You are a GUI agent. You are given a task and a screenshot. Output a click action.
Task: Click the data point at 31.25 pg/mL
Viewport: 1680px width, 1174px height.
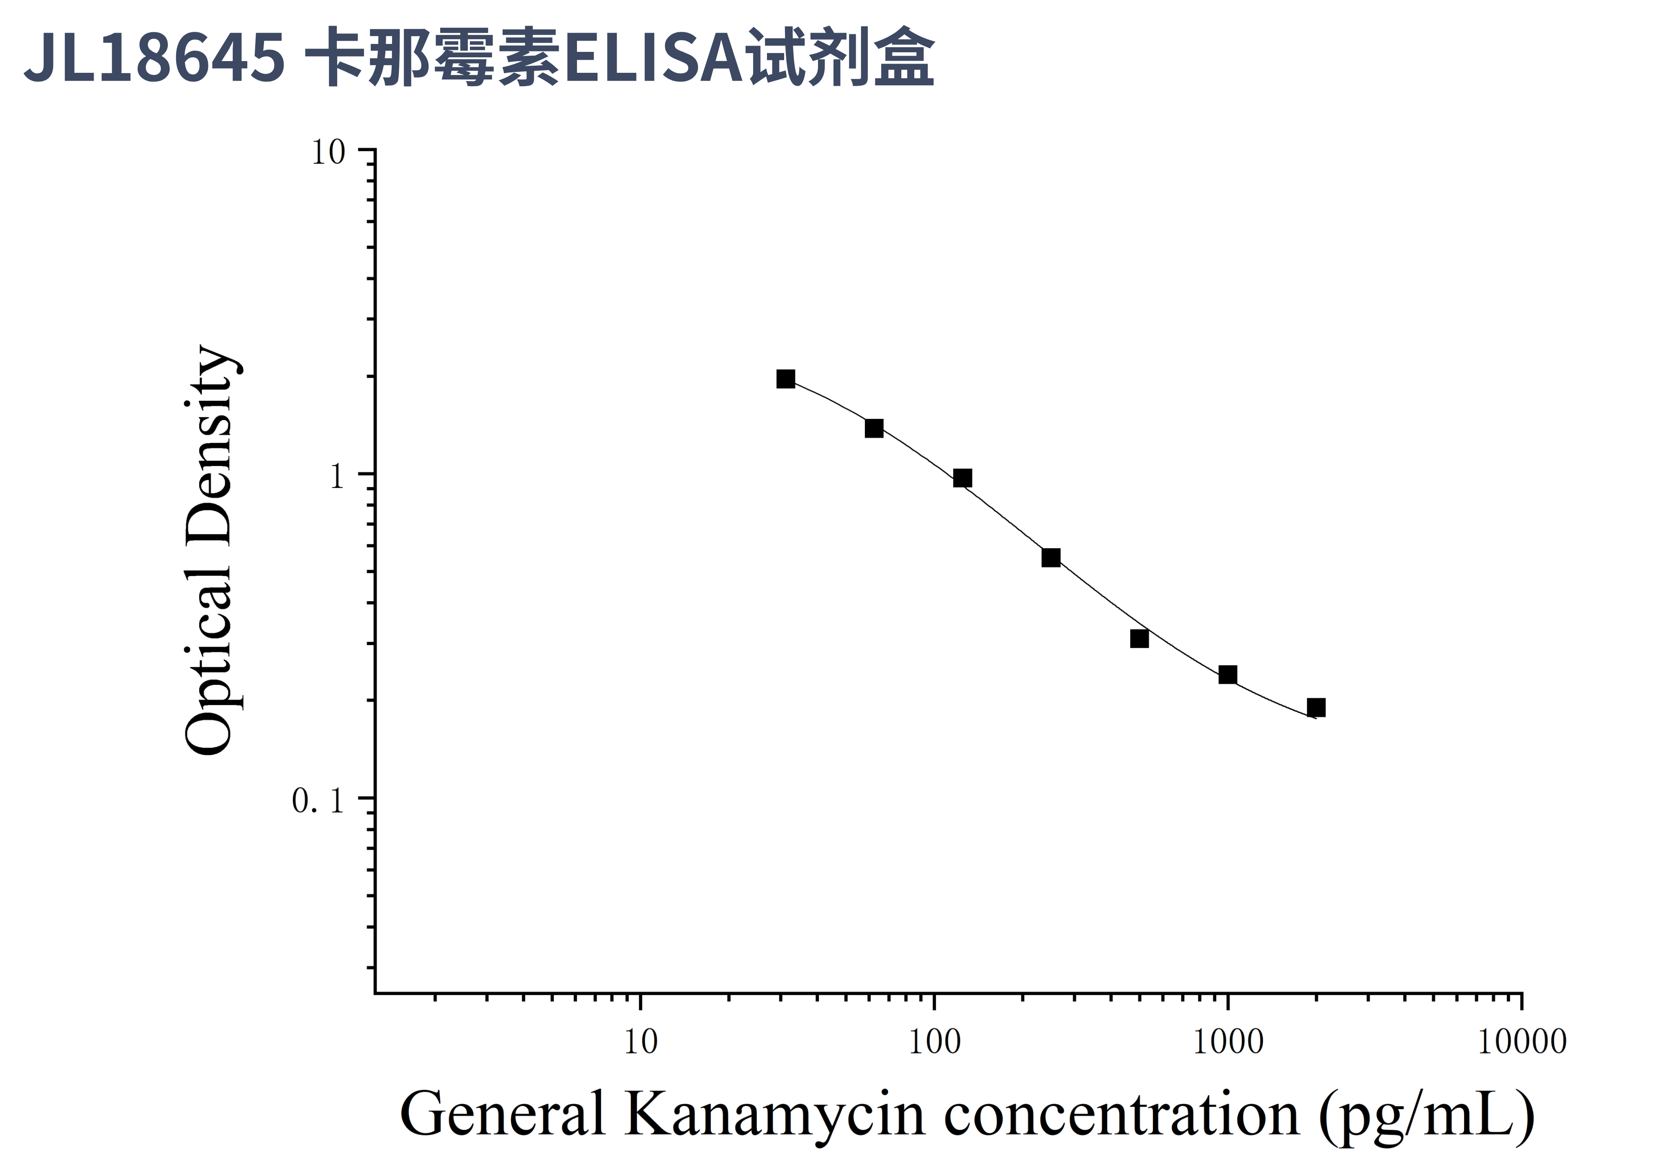(x=786, y=379)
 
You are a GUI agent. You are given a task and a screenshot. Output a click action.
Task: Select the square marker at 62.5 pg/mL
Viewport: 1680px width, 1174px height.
(x=875, y=428)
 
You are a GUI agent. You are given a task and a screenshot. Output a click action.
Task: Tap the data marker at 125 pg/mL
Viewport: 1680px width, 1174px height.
(x=963, y=478)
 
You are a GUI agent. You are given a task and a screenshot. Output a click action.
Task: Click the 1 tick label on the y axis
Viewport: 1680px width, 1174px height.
(x=336, y=477)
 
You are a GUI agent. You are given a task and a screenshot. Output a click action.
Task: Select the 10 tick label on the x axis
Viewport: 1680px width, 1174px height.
(x=641, y=1042)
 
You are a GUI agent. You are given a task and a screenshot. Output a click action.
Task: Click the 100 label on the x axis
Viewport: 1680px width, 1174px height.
(x=934, y=1042)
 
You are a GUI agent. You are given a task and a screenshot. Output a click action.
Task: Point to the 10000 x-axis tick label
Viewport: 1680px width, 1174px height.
(x=1522, y=1042)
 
